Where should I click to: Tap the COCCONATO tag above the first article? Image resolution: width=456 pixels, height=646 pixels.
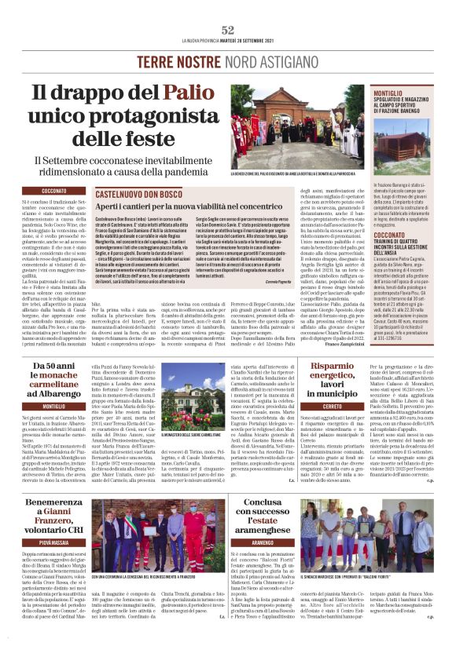[x=54, y=191]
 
